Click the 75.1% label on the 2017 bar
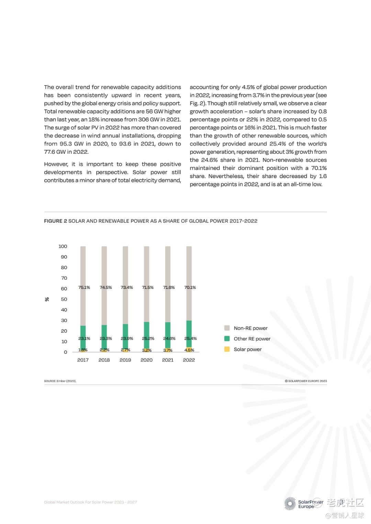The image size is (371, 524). (x=84, y=288)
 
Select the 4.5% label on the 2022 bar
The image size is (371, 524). (x=189, y=350)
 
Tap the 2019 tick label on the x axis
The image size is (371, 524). (x=125, y=360)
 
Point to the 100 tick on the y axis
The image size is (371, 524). (x=63, y=246)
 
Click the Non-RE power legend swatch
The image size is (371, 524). (x=227, y=328)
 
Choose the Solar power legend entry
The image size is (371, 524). (x=247, y=349)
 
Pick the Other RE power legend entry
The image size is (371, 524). (x=252, y=339)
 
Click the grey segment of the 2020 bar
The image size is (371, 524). (x=147, y=268)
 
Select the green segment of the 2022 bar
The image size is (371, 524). (x=189, y=329)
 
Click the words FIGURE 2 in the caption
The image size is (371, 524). (x=55, y=221)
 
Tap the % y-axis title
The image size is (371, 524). (x=47, y=299)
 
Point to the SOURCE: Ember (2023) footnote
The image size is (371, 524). (x=60, y=381)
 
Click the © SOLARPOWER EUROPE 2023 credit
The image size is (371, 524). (x=306, y=381)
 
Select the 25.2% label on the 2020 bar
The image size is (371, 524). (x=148, y=338)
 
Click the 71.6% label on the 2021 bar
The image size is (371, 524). (x=169, y=288)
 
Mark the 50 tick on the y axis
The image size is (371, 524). (x=64, y=299)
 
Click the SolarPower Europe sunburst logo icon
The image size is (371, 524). (x=290, y=503)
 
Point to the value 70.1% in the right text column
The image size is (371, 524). (x=319, y=168)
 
